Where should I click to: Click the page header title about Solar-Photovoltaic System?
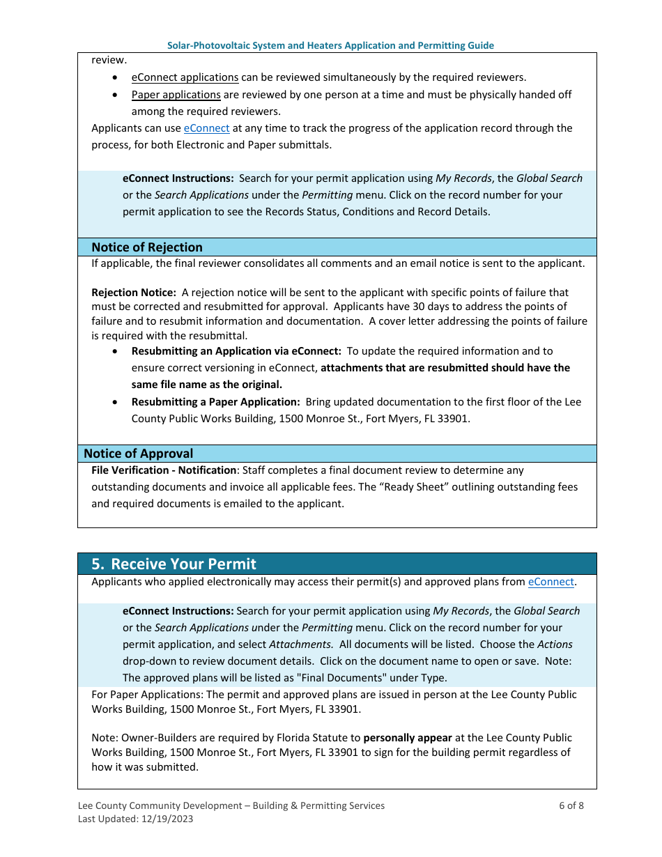[330, 45]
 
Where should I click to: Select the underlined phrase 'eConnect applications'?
[185, 77]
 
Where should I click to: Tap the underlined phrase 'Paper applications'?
[176, 94]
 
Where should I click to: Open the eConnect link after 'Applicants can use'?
[206, 128]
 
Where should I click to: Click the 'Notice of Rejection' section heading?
[147, 247]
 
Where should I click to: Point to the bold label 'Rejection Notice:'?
[134, 293]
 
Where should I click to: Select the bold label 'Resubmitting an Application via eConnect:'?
[236, 351]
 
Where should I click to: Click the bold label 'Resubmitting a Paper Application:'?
[215, 402]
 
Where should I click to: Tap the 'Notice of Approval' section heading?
[139, 454]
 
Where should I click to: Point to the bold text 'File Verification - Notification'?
[164, 470]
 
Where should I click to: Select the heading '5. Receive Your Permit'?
[174, 564]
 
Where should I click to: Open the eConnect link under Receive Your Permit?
[551, 582]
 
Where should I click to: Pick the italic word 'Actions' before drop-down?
[555, 644]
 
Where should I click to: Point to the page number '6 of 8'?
[571, 805]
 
